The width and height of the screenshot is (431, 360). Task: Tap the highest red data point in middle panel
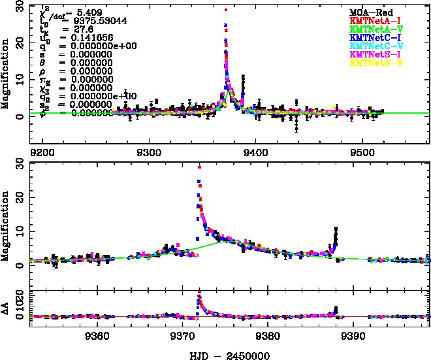tap(199, 167)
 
